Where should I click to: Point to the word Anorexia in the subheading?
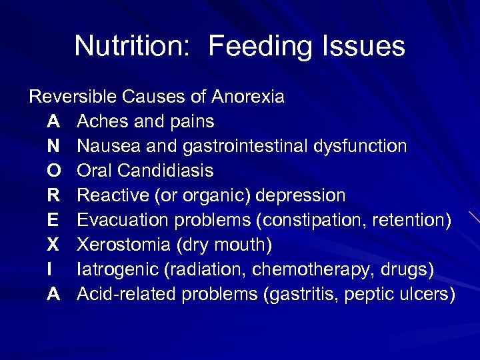248,97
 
